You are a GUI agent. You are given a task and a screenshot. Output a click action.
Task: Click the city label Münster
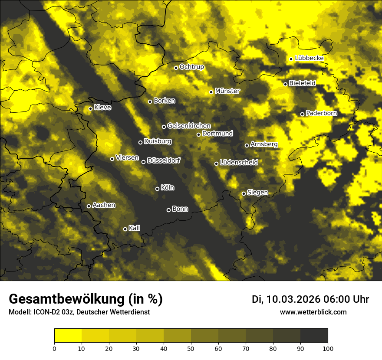coord(227,91)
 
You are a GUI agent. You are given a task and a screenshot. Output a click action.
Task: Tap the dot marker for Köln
coord(158,189)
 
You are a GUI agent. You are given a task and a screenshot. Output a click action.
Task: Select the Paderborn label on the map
coord(322,113)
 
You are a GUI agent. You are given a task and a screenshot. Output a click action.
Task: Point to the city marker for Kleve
coord(90,108)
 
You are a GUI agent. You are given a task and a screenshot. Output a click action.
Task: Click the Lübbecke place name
coord(309,58)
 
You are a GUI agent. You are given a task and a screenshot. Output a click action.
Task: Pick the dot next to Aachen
coord(89,206)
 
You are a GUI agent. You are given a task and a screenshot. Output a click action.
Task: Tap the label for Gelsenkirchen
coord(189,126)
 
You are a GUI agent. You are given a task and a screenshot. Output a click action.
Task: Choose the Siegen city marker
coord(244,193)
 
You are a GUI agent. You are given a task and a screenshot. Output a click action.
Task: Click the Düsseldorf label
coord(164,160)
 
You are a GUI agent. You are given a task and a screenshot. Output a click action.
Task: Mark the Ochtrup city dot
coord(176,68)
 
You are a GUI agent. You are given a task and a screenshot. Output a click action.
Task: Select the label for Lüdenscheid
coord(239,163)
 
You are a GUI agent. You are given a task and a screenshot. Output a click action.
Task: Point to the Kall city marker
coord(125,229)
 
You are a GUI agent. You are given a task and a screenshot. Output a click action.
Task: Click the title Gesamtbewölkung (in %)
coord(86,299)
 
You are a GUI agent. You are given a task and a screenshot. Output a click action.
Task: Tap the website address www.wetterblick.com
coord(313,312)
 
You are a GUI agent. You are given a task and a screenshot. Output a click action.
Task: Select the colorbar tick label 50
coord(191,348)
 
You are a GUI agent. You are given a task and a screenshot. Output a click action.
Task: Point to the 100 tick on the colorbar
coord(328,348)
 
